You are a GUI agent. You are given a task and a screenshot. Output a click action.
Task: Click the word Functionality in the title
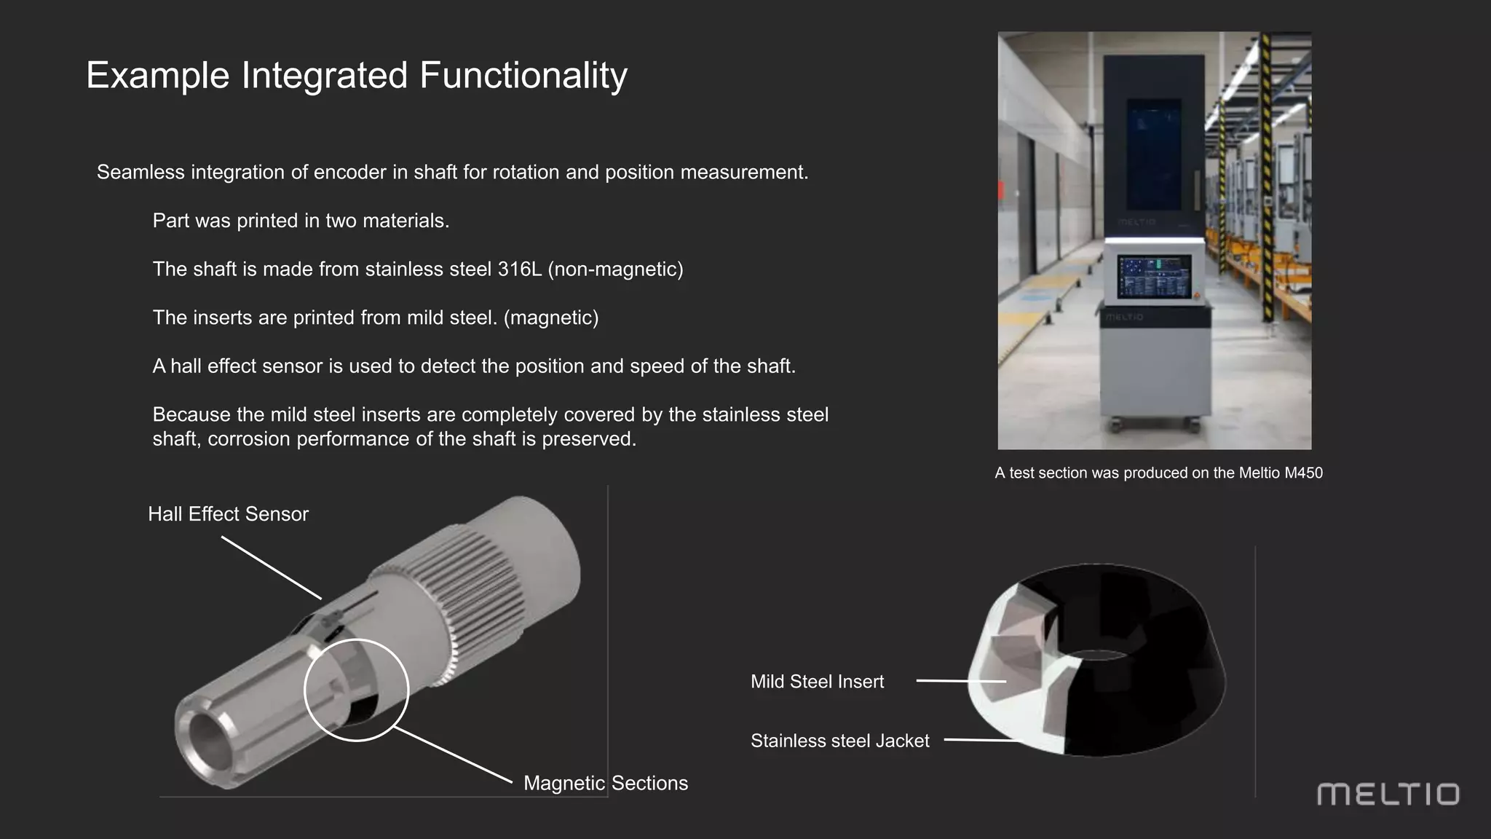[523, 76]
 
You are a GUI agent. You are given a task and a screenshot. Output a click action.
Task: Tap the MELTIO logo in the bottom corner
[1388, 794]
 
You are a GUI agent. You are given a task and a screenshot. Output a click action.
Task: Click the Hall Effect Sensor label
[228, 514]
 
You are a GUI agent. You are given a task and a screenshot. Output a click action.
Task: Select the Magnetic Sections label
[605, 783]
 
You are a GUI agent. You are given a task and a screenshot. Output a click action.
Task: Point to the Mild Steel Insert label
[817, 682]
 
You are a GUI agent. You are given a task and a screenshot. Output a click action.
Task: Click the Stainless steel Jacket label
[839, 741]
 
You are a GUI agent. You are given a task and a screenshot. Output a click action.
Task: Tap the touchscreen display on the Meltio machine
[1154, 277]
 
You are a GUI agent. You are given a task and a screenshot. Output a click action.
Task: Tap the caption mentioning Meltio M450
[1158, 473]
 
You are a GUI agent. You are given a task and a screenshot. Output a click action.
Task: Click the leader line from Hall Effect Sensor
[271, 568]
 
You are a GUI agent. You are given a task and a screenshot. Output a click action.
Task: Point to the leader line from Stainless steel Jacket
[983, 740]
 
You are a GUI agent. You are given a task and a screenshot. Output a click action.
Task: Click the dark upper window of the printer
[1154, 153]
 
